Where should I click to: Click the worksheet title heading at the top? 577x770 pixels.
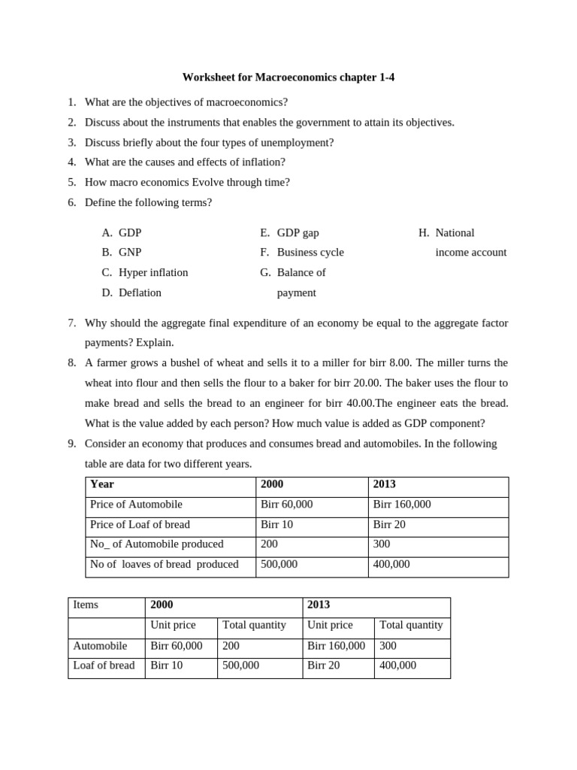pos(288,77)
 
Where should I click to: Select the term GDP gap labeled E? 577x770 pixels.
pos(298,233)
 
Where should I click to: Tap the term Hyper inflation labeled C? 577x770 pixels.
pos(153,272)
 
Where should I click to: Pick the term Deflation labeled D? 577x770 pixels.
pos(140,293)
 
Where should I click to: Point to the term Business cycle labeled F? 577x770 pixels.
pos(310,253)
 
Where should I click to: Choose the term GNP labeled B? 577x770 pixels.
pos(130,253)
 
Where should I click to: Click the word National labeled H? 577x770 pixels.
pos(455,233)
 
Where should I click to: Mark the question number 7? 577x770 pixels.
pos(72,323)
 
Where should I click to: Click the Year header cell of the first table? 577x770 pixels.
pos(102,484)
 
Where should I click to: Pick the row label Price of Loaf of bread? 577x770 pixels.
pos(140,524)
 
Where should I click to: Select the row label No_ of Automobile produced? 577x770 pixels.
pos(156,544)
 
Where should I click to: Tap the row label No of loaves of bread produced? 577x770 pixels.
pos(164,564)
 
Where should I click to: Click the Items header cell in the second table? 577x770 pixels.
pos(86,605)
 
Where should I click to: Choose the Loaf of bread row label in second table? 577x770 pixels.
pos(104,665)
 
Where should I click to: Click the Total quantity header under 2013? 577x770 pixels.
pos(411,625)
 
